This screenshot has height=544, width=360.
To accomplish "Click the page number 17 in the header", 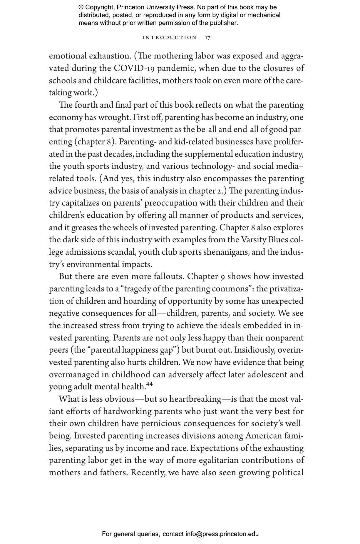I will [x=207, y=38].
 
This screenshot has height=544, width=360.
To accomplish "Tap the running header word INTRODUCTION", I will [x=169, y=38].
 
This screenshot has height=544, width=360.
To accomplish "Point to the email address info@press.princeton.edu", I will [x=222, y=534].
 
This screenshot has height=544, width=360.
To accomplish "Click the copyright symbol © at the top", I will [x=81, y=7].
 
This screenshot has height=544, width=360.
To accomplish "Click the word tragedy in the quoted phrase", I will [x=138, y=289].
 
